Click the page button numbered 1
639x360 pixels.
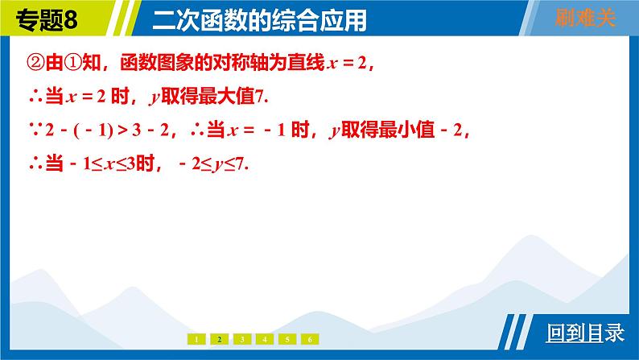[196, 339]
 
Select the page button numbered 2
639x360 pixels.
[219, 339]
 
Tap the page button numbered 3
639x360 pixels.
[242, 339]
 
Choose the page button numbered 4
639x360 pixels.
[265, 339]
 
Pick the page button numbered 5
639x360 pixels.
[287, 339]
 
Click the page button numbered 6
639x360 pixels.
[310, 339]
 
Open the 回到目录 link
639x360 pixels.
[585, 333]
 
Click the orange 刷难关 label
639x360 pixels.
[585, 18]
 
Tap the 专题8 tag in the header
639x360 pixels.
[47, 19]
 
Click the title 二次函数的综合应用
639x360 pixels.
[260, 20]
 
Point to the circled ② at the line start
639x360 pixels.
[35, 63]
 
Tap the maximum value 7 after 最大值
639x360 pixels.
[260, 97]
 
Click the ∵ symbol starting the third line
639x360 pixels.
[36, 130]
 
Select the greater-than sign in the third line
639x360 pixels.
[122, 130]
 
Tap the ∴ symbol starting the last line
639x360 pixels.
[36, 165]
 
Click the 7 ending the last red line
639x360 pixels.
[240, 164]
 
